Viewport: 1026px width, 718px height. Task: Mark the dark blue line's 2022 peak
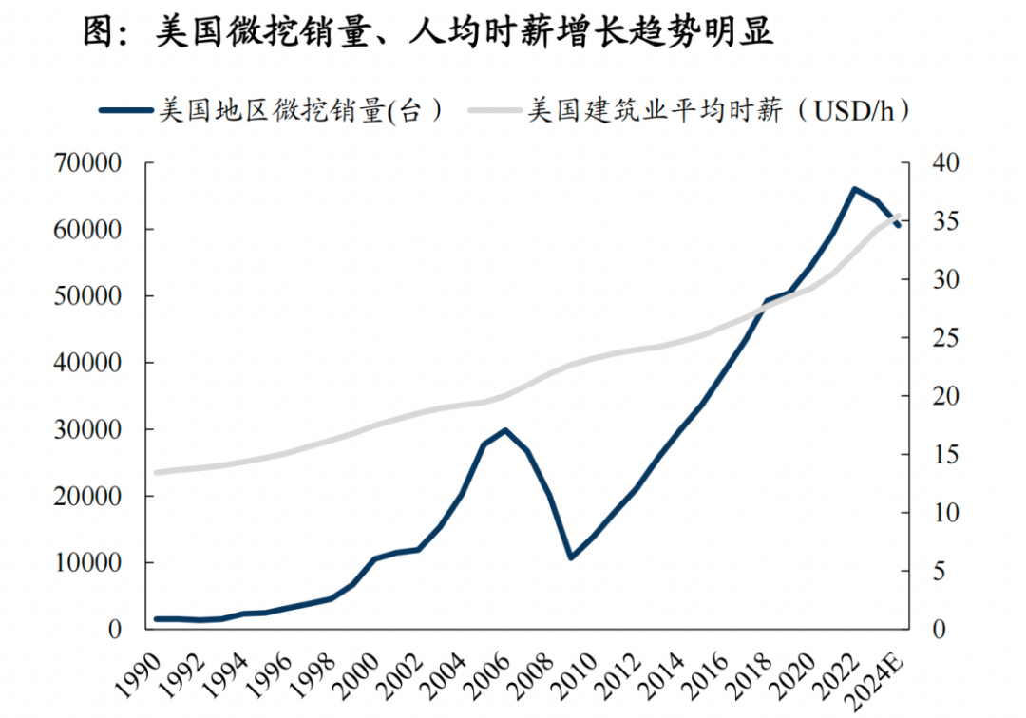pos(854,189)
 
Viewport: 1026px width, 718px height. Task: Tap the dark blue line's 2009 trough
pos(570,557)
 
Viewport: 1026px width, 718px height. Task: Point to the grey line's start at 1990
pos(157,472)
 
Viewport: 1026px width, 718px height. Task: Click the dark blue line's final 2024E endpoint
pos(898,225)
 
